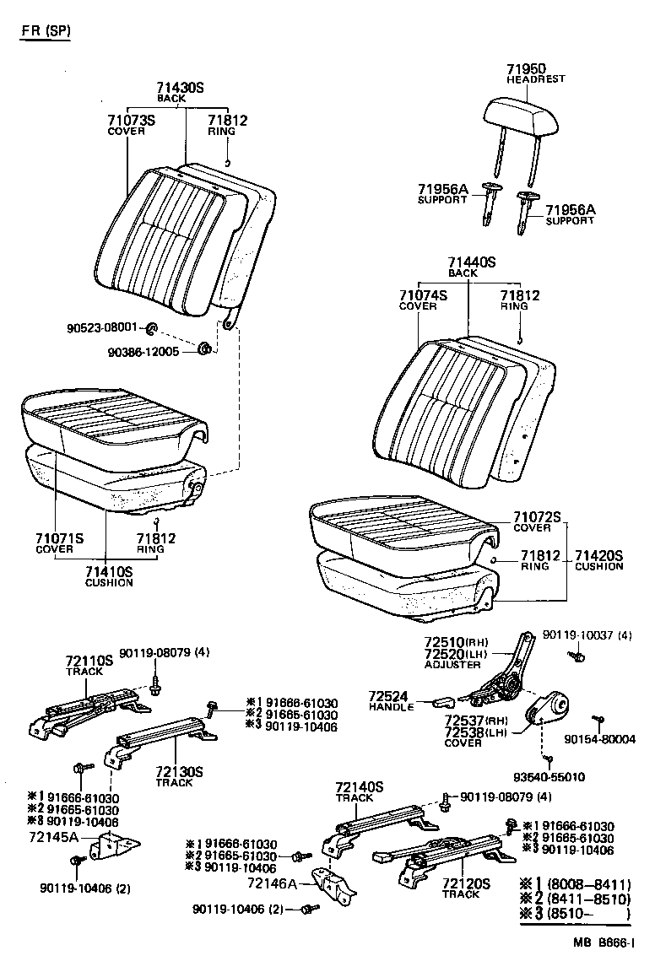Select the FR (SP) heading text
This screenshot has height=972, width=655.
[46, 31]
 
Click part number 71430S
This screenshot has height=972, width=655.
[180, 88]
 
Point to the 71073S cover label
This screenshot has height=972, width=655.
[131, 121]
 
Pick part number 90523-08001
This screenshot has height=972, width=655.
[101, 327]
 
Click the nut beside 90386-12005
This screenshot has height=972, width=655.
[203, 349]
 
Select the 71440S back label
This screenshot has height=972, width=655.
[472, 263]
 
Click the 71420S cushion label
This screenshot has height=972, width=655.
[598, 555]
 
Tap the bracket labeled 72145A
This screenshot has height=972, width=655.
[114, 844]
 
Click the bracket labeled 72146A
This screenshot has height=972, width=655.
[335, 883]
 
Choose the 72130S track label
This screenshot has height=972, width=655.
[179, 771]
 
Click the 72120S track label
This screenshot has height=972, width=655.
[465, 883]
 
